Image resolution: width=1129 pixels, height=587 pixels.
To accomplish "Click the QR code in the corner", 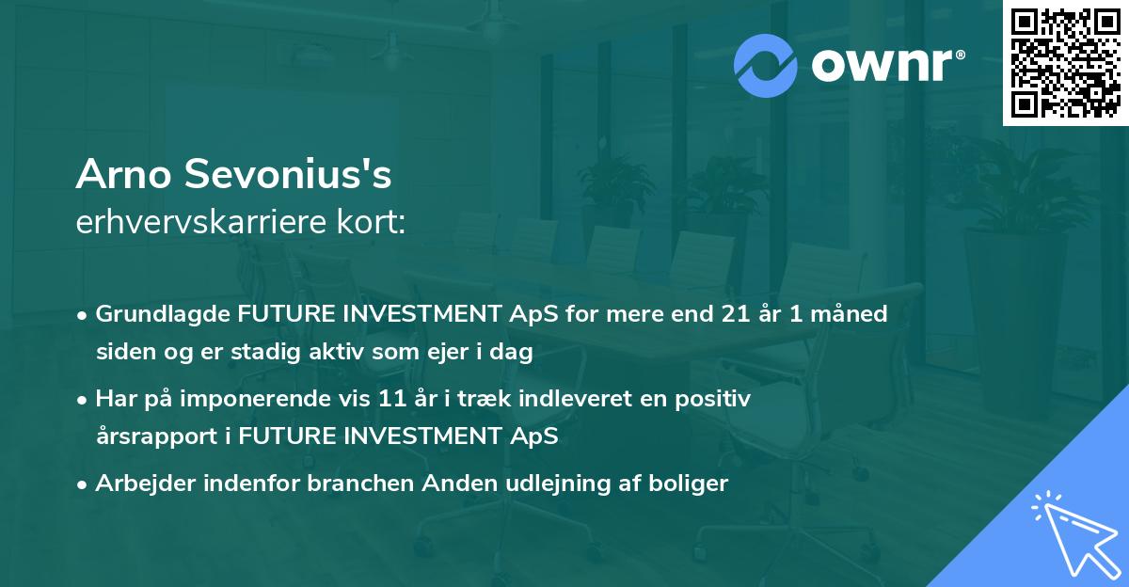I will [x=1065, y=62].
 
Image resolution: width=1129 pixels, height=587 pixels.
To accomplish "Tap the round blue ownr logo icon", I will [x=766, y=65].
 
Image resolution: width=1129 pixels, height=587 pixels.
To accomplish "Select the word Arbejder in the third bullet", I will [x=140, y=484].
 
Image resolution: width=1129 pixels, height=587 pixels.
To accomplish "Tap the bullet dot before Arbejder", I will [x=83, y=484].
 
